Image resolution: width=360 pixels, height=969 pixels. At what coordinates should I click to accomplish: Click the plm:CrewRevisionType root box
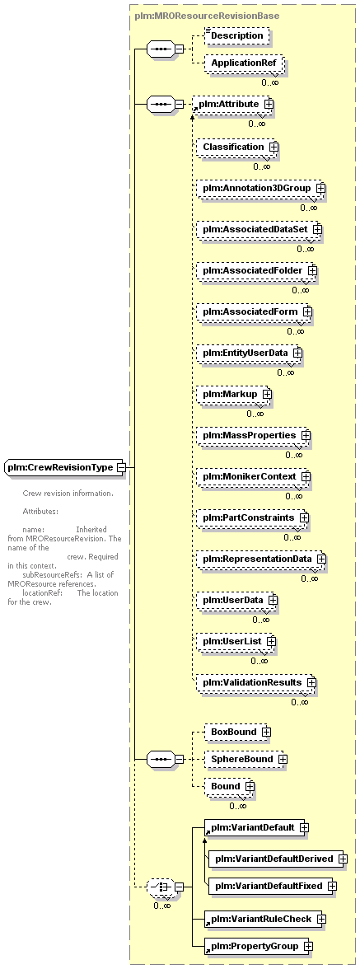click(65, 468)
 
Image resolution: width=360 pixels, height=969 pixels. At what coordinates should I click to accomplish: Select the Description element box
click(236, 36)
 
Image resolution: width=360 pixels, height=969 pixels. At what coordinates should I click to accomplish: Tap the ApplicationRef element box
click(243, 63)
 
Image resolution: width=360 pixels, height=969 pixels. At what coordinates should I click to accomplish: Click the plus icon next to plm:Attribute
click(269, 105)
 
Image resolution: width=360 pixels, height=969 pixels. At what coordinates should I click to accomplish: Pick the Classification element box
click(238, 147)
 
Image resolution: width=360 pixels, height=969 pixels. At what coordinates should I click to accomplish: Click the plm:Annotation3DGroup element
click(262, 188)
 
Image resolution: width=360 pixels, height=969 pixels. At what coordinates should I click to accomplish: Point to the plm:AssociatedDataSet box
click(260, 229)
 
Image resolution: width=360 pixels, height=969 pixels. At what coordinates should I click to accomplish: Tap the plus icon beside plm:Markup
click(267, 394)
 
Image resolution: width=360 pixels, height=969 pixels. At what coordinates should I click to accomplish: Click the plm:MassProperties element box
click(254, 435)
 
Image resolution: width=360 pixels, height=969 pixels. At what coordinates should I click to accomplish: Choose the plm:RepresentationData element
click(262, 558)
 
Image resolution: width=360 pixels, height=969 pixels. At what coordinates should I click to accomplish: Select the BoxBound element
click(238, 732)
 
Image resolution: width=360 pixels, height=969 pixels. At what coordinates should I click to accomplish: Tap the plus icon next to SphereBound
click(283, 759)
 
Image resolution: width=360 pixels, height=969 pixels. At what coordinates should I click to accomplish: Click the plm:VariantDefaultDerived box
click(278, 859)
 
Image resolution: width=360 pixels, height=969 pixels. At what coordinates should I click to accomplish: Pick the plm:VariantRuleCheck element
click(265, 919)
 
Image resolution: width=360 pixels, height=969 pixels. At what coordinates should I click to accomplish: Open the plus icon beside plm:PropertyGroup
click(307, 946)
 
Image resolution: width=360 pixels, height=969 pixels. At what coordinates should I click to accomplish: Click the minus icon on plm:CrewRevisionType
click(121, 468)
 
